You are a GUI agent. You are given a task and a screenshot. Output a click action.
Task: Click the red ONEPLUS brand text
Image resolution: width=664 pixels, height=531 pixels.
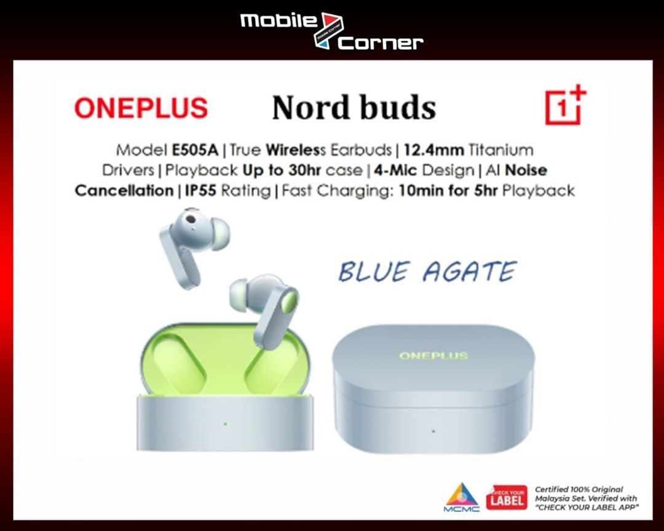pos(141,108)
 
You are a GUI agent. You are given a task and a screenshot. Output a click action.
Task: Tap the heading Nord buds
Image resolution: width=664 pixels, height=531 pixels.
pos(354,108)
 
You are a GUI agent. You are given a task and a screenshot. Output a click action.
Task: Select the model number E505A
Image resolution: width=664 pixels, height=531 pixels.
pos(195,150)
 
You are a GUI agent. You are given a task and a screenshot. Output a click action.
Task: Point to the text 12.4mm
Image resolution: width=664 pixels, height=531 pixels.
pos(433,150)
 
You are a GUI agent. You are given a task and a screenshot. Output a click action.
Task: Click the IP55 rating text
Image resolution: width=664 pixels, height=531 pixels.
pos(200,191)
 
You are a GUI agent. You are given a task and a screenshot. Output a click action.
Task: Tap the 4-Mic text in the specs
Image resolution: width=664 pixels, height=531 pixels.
pos(395,170)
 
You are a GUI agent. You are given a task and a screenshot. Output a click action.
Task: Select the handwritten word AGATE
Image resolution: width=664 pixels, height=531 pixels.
pos(470,272)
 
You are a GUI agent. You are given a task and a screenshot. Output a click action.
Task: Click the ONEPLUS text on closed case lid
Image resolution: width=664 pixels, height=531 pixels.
pos(433,356)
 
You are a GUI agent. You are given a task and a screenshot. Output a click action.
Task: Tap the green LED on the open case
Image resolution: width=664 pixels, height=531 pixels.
pos(225,423)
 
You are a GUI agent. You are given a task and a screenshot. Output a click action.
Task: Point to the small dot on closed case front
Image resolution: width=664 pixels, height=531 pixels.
pos(433,431)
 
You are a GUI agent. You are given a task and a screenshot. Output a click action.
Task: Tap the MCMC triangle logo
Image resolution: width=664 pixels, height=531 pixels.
pos(462,497)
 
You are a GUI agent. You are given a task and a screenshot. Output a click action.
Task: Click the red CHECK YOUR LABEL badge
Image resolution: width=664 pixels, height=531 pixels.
pos(507,498)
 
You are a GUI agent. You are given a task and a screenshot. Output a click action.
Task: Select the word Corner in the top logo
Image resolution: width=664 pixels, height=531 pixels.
pos(381,43)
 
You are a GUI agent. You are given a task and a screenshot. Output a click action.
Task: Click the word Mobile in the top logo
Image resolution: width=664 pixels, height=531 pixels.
pos(279,20)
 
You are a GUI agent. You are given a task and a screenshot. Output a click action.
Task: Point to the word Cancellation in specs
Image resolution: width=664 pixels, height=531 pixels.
pos(124,191)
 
